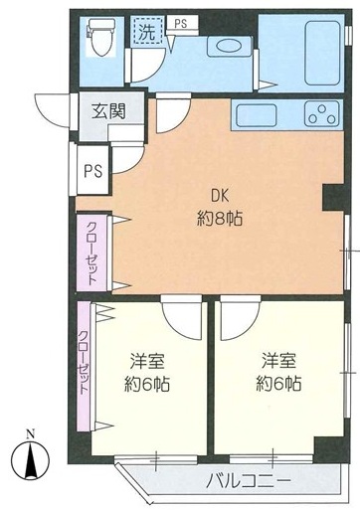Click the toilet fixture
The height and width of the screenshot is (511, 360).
(x=101, y=36)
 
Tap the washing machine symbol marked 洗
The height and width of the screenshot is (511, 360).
(x=148, y=31)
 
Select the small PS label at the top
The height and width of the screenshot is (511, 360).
(x=181, y=23)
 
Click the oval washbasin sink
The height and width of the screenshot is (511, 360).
(x=229, y=46)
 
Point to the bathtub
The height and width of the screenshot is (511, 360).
(x=322, y=53)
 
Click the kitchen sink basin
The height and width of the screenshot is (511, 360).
(x=256, y=115)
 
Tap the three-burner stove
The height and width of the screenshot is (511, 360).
(x=322, y=113)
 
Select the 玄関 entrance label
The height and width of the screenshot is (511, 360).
(x=108, y=110)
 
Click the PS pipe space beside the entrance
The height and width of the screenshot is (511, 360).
(x=92, y=170)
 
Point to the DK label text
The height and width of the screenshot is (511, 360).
(x=220, y=197)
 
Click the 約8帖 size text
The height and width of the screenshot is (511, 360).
(x=220, y=219)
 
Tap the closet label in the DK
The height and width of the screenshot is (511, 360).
(x=92, y=253)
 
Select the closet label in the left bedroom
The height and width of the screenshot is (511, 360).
(x=84, y=363)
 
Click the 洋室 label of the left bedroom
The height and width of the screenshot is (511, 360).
(x=147, y=361)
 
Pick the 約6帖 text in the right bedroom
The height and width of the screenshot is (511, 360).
(x=278, y=384)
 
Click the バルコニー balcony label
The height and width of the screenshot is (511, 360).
(x=248, y=480)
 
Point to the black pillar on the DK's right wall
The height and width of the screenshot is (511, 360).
(x=333, y=197)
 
